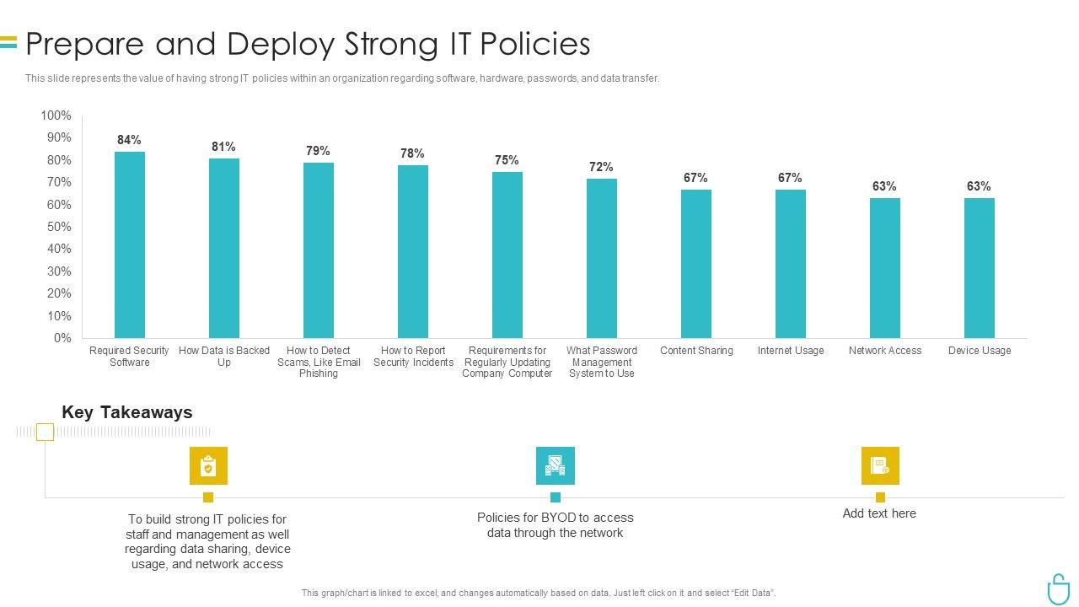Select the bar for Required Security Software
click(x=130, y=244)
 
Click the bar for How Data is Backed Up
click(x=224, y=248)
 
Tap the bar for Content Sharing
click(x=696, y=263)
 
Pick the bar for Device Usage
click(x=980, y=268)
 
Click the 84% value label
click(x=129, y=140)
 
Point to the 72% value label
click(x=601, y=167)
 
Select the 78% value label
click(x=412, y=153)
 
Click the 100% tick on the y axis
click(x=56, y=115)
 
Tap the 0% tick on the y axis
click(x=62, y=338)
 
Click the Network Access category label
click(x=885, y=351)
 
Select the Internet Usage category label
click(x=791, y=351)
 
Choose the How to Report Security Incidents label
click(x=413, y=357)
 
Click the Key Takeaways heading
click(x=127, y=412)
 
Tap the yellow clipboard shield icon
click(x=208, y=466)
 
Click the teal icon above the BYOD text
click(x=556, y=466)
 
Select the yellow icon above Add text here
click(x=880, y=466)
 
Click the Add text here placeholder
click(x=879, y=513)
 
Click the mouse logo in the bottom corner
click(x=1058, y=588)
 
